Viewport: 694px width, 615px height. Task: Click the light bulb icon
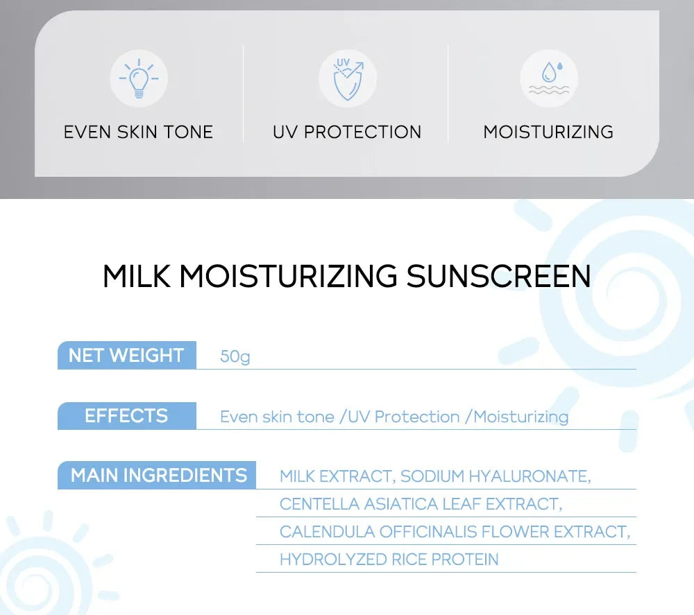139,78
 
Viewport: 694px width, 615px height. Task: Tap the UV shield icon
347,78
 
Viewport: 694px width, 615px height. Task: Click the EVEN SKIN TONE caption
138,132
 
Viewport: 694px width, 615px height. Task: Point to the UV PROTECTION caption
347,132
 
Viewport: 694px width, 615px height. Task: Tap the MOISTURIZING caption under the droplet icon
548,132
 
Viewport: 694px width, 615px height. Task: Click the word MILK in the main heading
137,276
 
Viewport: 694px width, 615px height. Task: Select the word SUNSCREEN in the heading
498,276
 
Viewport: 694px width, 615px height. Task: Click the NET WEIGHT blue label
126,356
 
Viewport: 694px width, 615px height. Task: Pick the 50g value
235,357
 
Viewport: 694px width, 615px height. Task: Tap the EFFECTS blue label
126,416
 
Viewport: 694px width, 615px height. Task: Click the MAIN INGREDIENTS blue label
159,476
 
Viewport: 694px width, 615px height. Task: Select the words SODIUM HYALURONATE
495,476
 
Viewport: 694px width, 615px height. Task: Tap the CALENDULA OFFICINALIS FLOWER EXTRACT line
455,532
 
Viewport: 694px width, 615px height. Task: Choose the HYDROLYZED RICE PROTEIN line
389,560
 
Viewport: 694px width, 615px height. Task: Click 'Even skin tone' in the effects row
277,417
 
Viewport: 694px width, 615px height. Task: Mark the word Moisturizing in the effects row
520,417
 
